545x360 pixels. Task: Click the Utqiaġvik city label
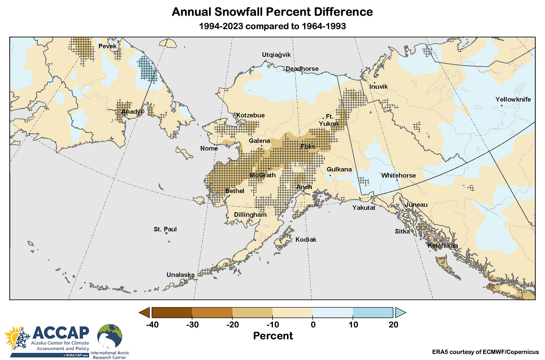point(276,55)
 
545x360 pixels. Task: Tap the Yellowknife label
point(513,100)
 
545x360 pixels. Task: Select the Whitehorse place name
point(398,176)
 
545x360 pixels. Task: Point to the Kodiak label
point(306,240)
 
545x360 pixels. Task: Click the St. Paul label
point(165,229)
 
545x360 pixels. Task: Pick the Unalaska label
point(180,275)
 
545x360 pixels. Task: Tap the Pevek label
point(107,46)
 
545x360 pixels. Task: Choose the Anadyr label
point(132,112)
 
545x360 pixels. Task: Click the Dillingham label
point(250,215)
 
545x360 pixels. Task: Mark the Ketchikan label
point(442,246)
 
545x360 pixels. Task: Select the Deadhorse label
point(302,69)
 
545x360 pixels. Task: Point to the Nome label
point(209,149)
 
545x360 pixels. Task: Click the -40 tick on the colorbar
point(152,325)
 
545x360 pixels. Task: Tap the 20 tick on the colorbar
point(393,325)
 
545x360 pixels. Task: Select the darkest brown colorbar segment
point(172,312)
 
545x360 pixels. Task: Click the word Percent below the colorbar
point(273,336)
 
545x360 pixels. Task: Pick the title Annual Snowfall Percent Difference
point(272,12)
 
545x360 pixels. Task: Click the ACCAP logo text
point(61,333)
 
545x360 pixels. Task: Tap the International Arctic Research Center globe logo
point(110,337)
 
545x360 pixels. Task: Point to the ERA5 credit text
point(485,352)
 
